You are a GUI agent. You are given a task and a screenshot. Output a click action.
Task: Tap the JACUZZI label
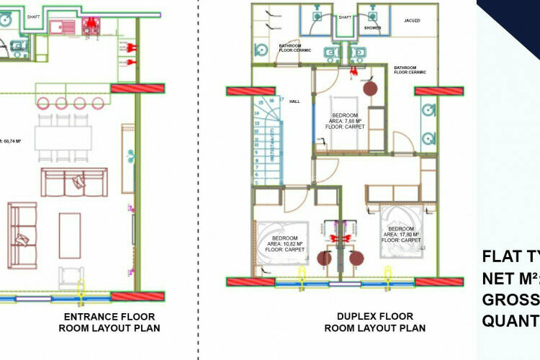tap(412, 22)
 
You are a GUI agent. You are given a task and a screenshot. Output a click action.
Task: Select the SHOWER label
tap(372, 28)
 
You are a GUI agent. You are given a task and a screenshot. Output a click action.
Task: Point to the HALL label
tap(294, 102)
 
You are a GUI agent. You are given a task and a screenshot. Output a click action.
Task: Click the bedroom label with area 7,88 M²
tap(348, 121)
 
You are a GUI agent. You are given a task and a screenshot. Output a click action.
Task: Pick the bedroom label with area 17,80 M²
tap(402, 235)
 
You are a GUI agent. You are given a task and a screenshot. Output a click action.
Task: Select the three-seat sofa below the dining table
tap(74, 182)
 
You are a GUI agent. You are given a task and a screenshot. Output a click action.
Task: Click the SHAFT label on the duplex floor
tap(345, 17)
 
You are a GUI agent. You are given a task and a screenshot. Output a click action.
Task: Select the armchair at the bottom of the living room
tap(71, 277)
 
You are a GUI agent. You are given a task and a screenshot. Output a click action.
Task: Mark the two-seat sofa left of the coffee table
tap(22, 225)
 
